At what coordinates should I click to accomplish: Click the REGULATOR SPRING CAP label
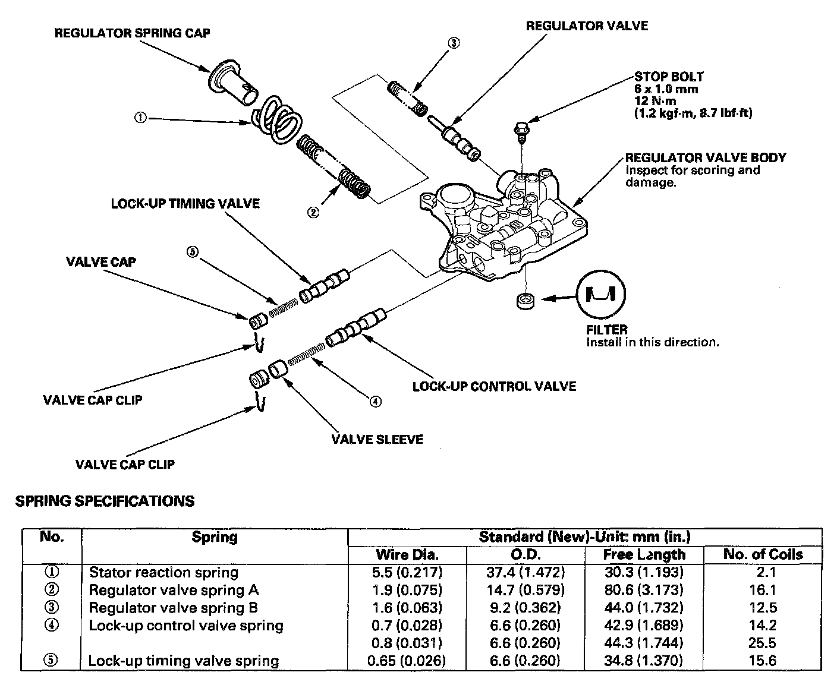pyautogui.click(x=132, y=33)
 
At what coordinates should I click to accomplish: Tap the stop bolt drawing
pyautogui.click(x=521, y=131)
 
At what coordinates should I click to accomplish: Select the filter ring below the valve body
pyautogui.click(x=524, y=301)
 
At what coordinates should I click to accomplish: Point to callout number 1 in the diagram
pyautogui.click(x=140, y=118)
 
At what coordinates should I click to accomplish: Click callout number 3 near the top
pyautogui.click(x=454, y=43)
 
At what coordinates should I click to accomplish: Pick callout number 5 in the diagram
pyautogui.click(x=192, y=253)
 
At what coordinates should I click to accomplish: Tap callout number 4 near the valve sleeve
pyautogui.click(x=375, y=402)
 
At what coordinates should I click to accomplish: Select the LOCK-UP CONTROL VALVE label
pyautogui.click(x=494, y=387)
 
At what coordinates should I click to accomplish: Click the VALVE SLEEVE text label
pyautogui.click(x=377, y=440)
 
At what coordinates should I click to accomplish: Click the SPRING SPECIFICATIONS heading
pyautogui.click(x=105, y=501)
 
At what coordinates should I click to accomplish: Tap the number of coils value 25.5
pyautogui.click(x=763, y=643)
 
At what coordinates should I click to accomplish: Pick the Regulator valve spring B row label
pyautogui.click(x=174, y=608)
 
